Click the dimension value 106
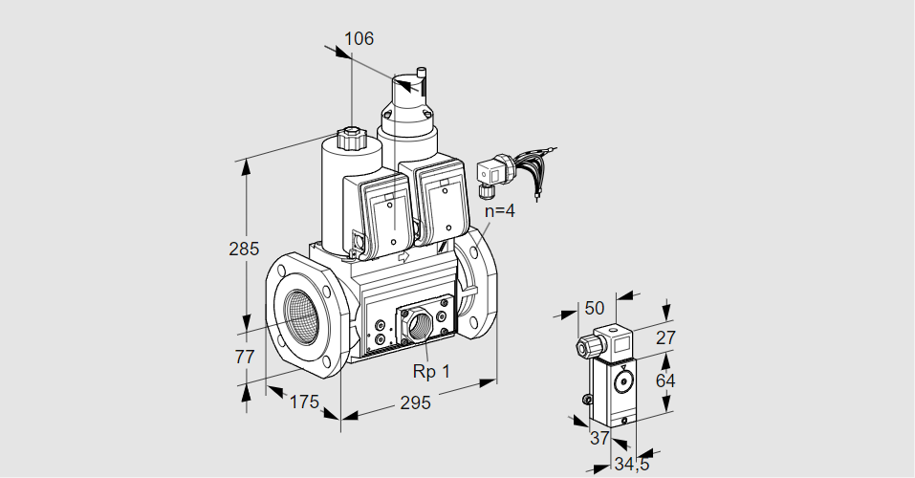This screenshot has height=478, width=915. click(x=359, y=39)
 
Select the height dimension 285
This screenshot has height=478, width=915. click(x=244, y=250)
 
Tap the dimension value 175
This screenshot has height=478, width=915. click(x=303, y=402)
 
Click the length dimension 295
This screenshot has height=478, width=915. click(x=414, y=402)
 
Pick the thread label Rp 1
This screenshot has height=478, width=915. click(x=431, y=371)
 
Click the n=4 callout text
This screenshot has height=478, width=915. click(x=499, y=211)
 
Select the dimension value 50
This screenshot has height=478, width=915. click(x=595, y=307)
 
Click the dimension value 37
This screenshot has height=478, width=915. click(x=599, y=438)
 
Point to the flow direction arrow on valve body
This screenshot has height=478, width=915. click(x=403, y=257)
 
